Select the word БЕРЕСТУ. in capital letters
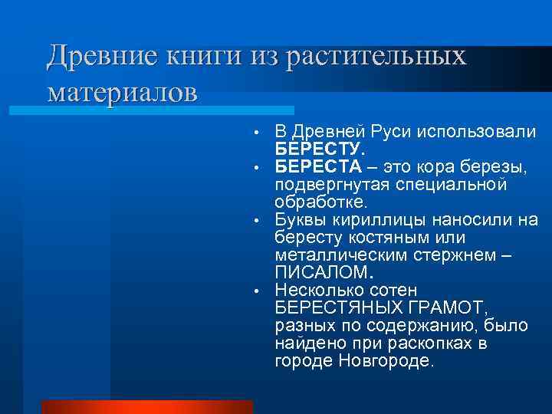pos(316,149)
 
